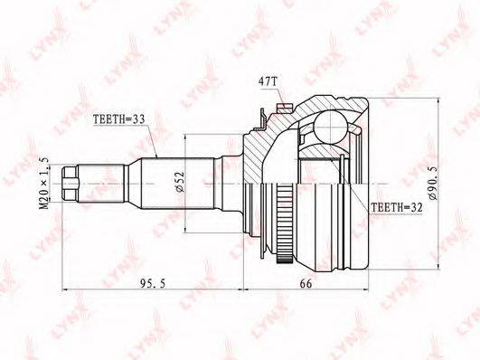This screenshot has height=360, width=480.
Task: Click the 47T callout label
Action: tap(268, 81)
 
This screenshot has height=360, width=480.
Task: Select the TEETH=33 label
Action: tap(118, 119)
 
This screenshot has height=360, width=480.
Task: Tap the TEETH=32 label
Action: tap(397, 207)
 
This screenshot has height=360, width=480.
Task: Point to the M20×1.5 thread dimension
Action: tap(44, 184)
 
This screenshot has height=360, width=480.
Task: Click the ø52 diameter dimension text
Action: tap(180, 182)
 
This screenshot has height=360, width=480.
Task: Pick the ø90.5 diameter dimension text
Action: tap(433, 184)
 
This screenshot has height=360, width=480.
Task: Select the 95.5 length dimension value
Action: tap(153, 284)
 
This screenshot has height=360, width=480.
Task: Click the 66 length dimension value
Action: tap(306, 284)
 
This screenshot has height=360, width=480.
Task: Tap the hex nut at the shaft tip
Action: tap(71, 184)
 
